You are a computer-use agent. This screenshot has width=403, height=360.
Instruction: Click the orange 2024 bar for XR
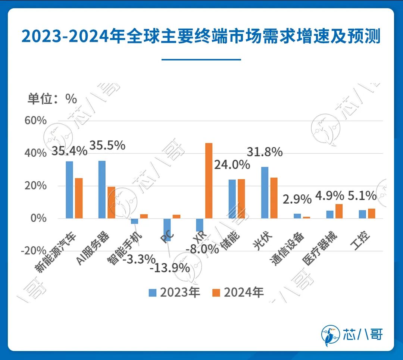[x=209, y=181]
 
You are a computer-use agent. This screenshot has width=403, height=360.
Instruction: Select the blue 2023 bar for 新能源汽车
[x=69, y=190]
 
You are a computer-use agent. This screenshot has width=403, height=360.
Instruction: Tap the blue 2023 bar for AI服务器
[x=102, y=190]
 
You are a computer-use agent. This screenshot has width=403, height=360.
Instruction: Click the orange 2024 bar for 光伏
[x=274, y=198]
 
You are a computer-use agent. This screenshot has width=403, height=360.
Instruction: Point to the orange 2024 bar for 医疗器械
[x=339, y=211]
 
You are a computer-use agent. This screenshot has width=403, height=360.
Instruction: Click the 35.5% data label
[x=108, y=145]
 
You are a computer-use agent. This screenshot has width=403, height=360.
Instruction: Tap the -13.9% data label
[x=170, y=267]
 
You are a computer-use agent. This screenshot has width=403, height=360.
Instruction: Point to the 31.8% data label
[x=265, y=152]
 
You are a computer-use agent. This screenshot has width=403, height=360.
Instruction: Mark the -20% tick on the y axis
[x=34, y=250]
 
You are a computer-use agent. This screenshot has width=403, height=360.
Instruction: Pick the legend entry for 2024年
[x=238, y=292]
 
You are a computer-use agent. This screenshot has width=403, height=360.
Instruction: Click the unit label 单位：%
[x=52, y=98]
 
